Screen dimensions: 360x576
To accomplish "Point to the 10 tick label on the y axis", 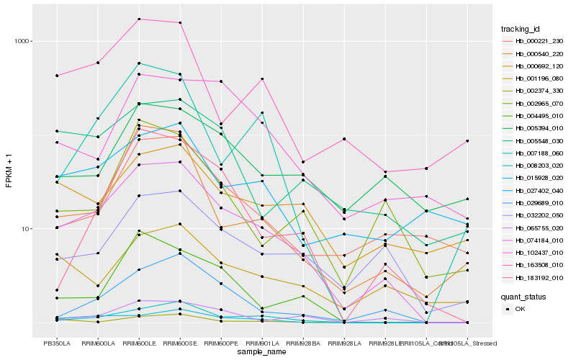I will (27, 229).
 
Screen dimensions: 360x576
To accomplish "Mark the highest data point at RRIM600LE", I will (139, 19).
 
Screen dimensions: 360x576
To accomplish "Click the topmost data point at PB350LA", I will (56, 76).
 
